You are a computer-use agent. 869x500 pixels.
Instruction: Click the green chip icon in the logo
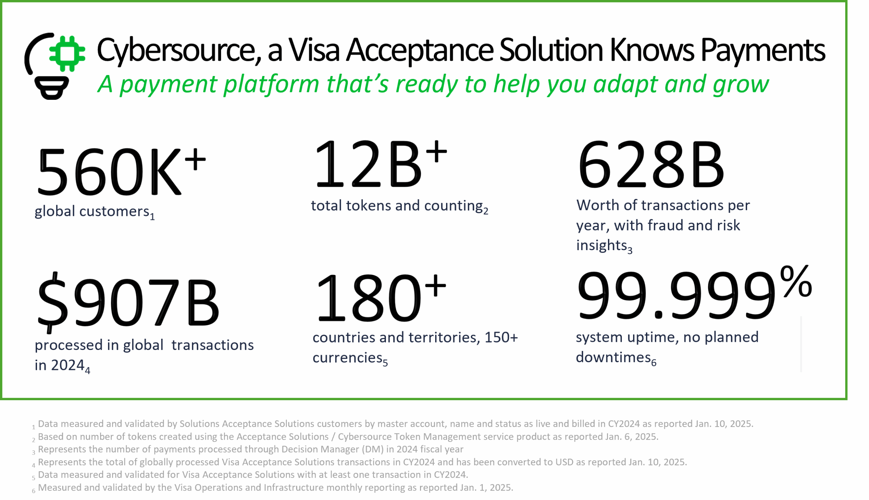(x=67, y=53)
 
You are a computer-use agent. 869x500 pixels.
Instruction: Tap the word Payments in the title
(x=762, y=51)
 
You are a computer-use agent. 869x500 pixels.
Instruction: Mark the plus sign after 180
(x=436, y=285)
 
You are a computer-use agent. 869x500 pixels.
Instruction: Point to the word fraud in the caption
(x=666, y=226)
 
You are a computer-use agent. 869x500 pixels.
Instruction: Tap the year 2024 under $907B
(x=68, y=365)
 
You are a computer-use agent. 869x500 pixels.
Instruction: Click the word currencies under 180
(x=348, y=358)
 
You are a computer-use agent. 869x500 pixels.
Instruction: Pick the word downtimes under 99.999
(x=613, y=357)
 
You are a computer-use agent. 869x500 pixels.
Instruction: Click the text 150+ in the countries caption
(x=501, y=337)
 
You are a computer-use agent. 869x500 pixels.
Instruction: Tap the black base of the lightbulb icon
(x=52, y=88)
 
